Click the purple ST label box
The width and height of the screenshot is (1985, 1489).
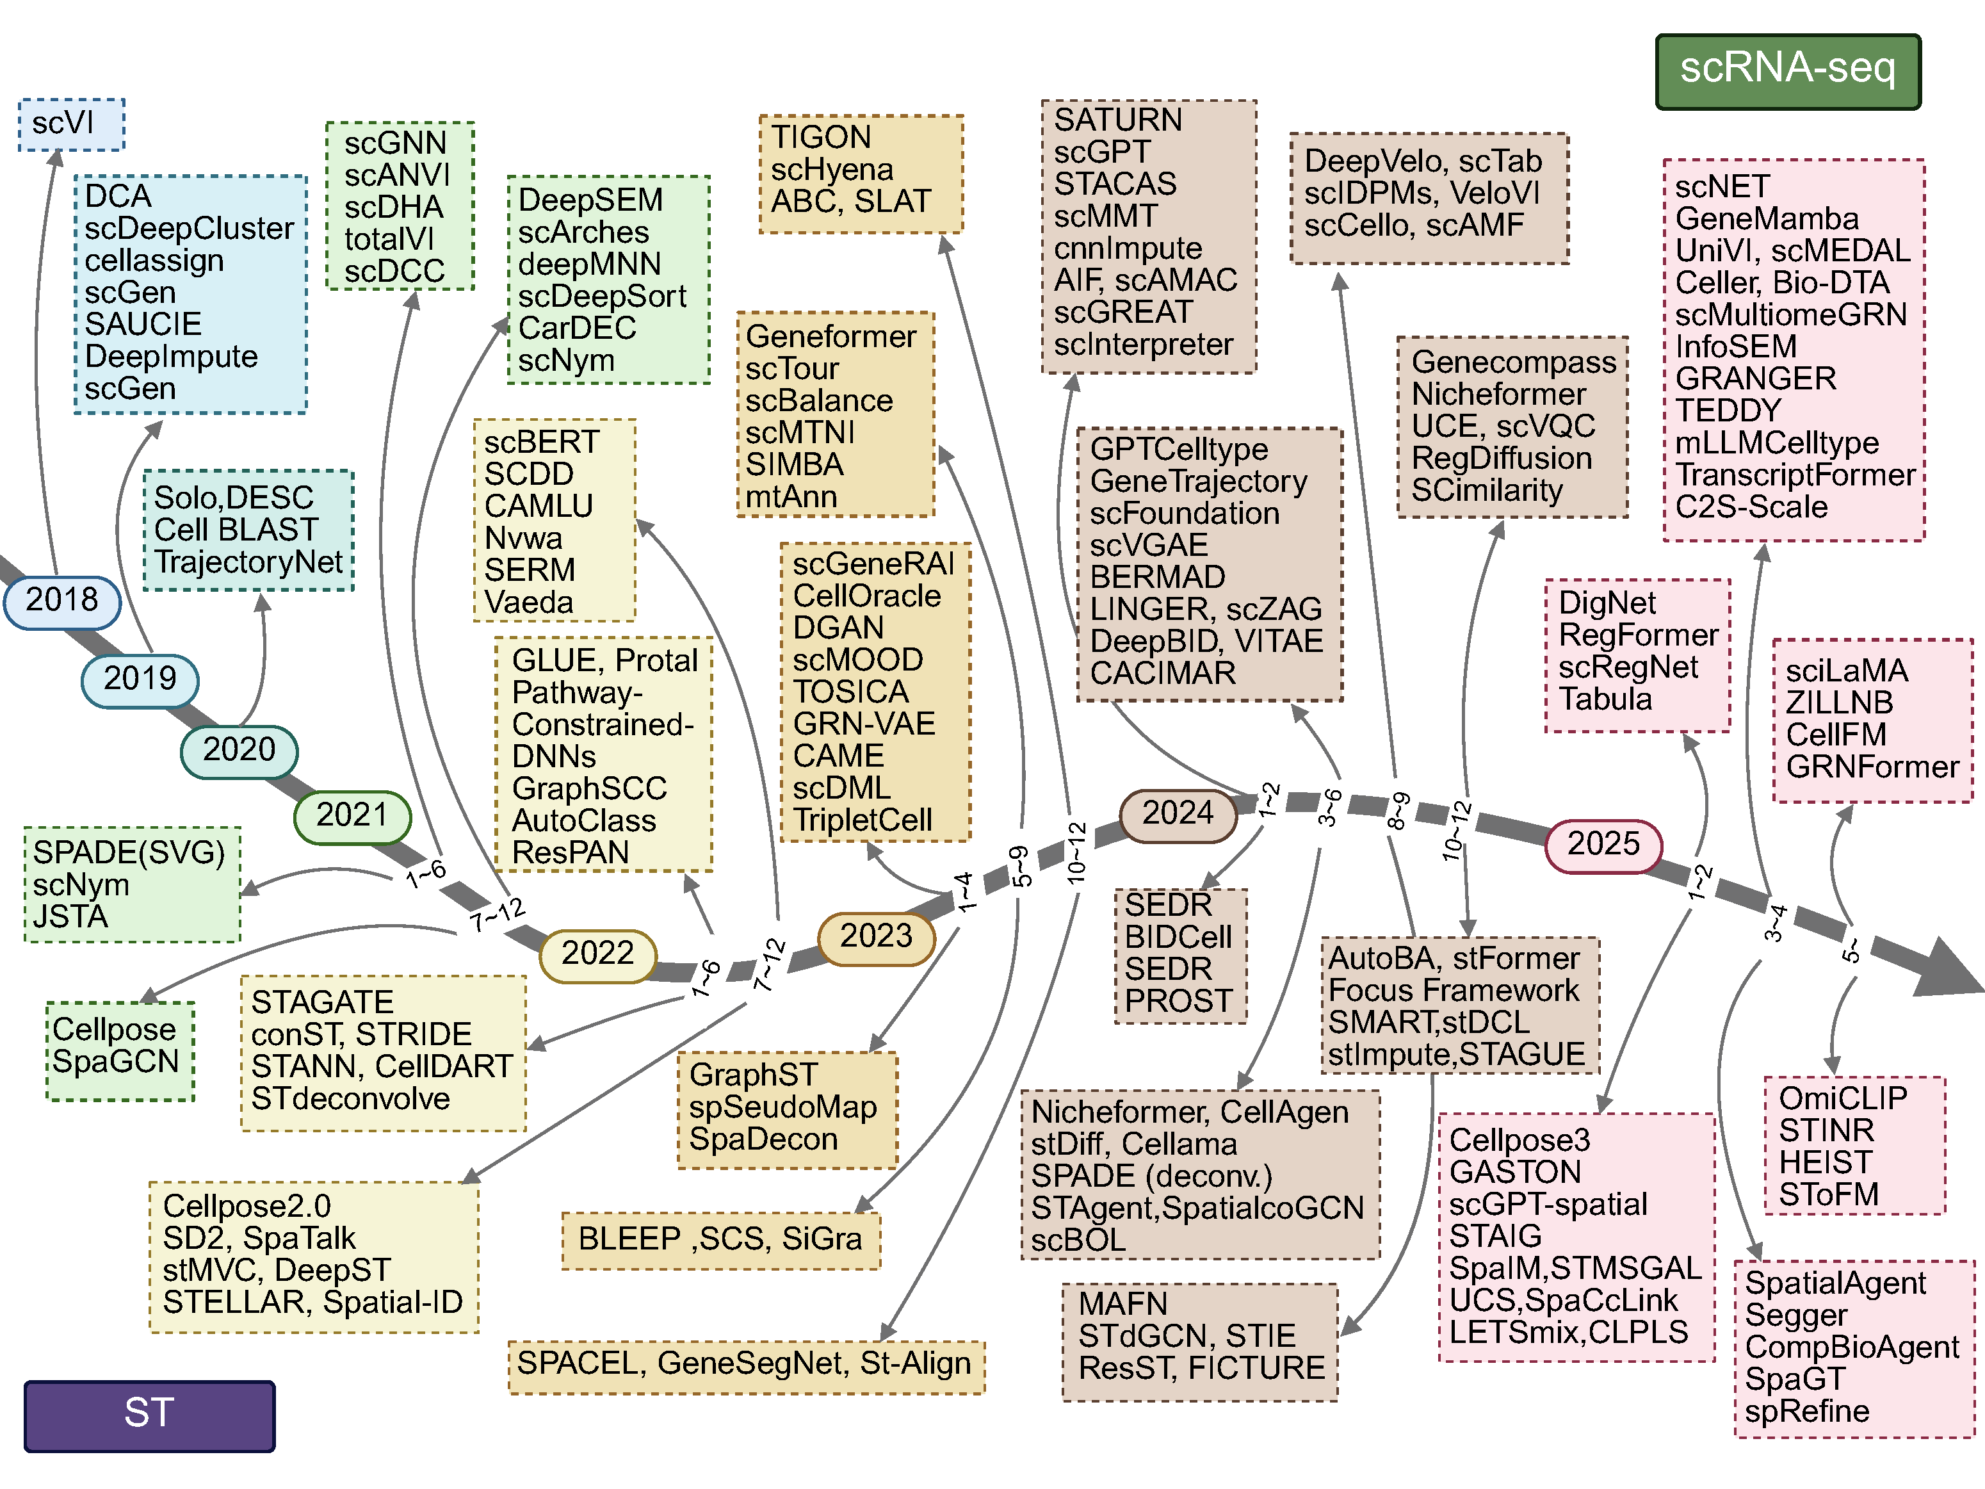click(x=149, y=1415)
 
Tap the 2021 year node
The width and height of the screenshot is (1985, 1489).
click(x=352, y=816)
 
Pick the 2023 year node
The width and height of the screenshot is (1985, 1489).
click(x=876, y=937)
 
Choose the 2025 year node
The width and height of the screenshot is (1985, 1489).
click(x=1603, y=845)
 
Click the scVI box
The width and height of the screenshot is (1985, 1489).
click(x=71, y=124)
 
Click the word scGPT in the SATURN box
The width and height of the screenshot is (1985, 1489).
click(x=1102, y=152)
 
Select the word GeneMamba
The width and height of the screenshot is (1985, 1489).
click(x=1766, y=219)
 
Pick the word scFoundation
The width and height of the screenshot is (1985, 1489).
click(x=1185, y=514)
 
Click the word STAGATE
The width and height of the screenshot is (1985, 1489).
click(x=322, y=1002)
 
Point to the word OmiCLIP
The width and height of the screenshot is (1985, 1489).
click(x=1842, y=1098)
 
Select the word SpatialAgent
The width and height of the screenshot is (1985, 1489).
click(x=1835, y=1283)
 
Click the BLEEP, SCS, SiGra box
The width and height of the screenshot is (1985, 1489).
click(x=720, y=1239)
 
